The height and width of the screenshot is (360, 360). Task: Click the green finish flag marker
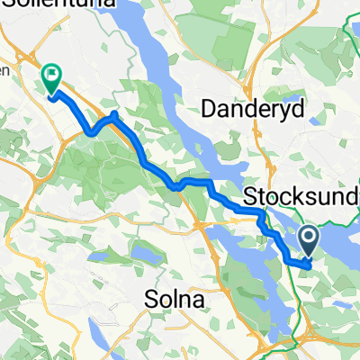pyautogui.click(x=51, y=77)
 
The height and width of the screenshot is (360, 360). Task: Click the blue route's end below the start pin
pyautogui.click(x=310, y=264)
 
